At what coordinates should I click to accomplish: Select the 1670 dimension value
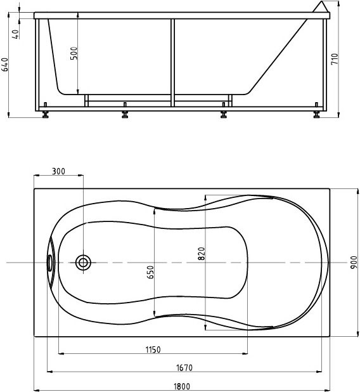coord(184,367)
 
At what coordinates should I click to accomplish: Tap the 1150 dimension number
coord(152,350)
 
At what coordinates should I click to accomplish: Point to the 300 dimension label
coord(58,171)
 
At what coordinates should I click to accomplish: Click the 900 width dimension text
coord(353,262)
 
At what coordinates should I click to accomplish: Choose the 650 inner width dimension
coord(150,272)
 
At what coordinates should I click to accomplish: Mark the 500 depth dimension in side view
coord(74,54)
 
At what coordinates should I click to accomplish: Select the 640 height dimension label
coord(5,64)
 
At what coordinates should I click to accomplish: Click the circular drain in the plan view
coord(83,262)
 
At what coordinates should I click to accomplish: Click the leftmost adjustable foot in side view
coord(45,115)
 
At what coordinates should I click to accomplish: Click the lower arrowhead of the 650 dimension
coord(155,315)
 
